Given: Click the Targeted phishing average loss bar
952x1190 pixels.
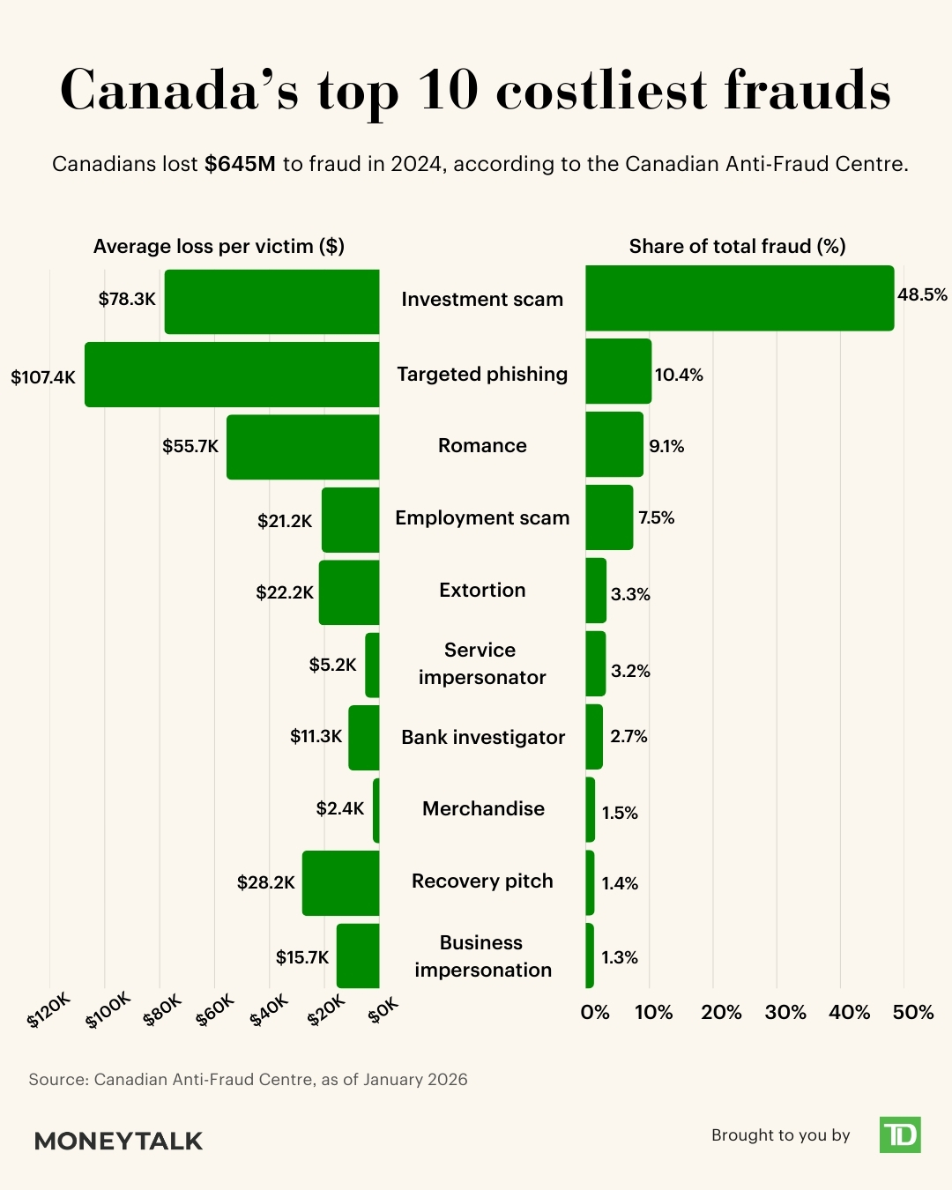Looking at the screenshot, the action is (232, 375).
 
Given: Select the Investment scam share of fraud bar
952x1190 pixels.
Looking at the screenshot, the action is (740, 298).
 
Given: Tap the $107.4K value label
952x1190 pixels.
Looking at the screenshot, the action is (43, 377).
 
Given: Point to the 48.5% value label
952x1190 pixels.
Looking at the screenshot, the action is (922, 294).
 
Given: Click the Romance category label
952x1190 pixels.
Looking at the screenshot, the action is (482, 445).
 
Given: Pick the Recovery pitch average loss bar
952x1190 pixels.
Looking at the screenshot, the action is (341, 883).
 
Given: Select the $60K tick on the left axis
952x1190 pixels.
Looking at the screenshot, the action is (215, 1009).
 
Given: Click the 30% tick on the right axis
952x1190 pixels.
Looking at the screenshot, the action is (785, 1012).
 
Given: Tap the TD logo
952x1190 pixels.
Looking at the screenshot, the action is (900, 1134).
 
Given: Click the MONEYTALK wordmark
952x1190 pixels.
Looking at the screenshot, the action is (118, 1141).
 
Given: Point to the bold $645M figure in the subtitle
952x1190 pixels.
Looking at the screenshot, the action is (240, 164).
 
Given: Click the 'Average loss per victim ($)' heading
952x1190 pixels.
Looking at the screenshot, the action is (219, 246).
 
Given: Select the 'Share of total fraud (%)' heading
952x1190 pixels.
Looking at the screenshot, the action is (738, 246).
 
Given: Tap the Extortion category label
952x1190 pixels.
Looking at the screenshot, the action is (482, 590).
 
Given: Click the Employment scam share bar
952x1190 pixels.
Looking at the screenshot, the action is (609, 517).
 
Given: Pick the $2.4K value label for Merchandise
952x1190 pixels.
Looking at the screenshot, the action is (340, 808).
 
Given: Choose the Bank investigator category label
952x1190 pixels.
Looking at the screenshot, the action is (483, 737).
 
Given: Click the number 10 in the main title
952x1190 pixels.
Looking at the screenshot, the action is (448, 90).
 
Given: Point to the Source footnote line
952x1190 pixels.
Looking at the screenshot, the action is (248, 1080).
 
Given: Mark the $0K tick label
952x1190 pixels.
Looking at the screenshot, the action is (383, 1009).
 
